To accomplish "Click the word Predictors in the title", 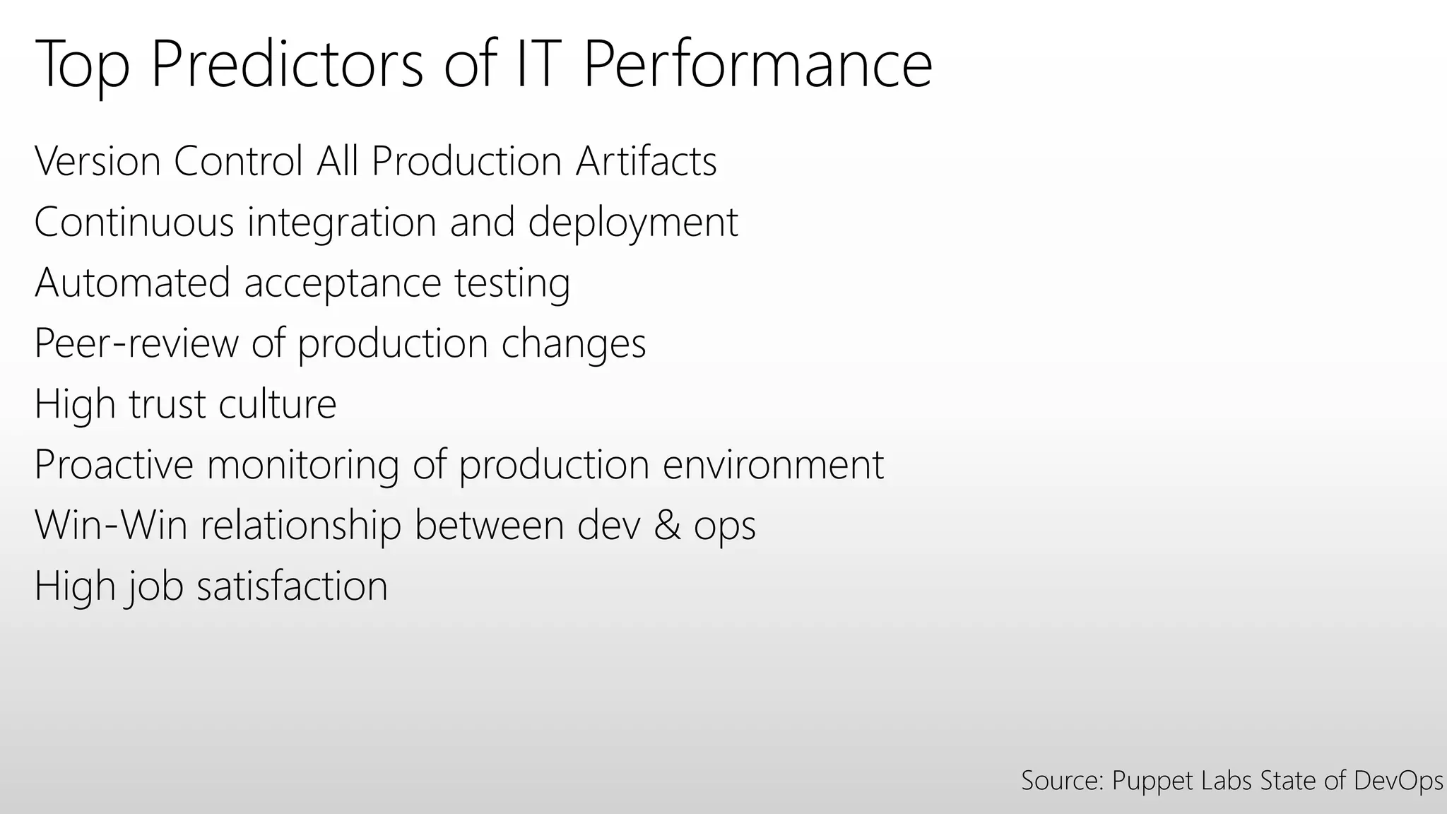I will pyautogui.click(x=287, y=65).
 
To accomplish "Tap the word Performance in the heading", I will pyautogui.click(x=757, y=65).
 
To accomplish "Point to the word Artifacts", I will pyautogui.click(x=646, y=161).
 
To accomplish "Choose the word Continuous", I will pyautogui.click(x=134, y=222).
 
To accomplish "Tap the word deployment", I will pyautogui.click(x=632, y=223).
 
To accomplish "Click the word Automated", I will pyautogui.click(x=132, y=283).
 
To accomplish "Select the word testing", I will pyautogui.click(x=512, y=284).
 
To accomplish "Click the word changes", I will pyautogui.click(x=573, y=344).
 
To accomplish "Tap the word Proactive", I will pyautogui.click(x=114, y=465).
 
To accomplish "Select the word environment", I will pyautogui.click(x=773, y=465).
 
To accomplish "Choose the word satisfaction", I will pyautogui.click(x=292, y=586).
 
